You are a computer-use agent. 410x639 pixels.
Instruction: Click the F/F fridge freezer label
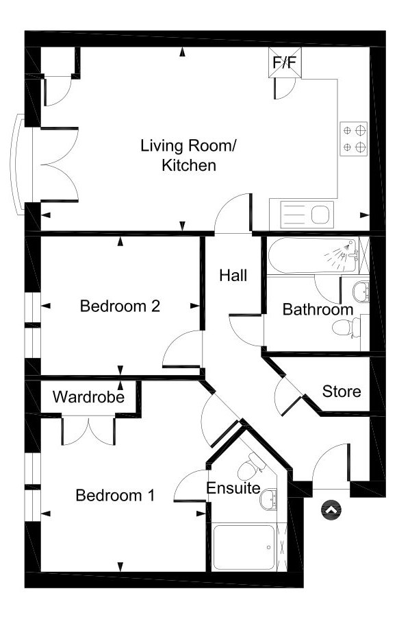tap(285, 63)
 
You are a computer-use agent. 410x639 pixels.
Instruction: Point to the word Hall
tap(233, 276)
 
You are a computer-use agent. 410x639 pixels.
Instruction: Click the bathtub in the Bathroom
tap(312, 256)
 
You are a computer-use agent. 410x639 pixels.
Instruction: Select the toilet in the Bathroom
tap(346, 327)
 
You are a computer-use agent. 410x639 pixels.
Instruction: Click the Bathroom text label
tap(318, 309)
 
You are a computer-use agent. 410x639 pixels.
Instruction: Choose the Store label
tap(342, 391)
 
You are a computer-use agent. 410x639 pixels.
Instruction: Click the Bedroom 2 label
tap(120, 306)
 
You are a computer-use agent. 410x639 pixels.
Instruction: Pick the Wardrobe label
tap(88, 397)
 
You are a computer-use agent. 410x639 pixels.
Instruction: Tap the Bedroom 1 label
tap(115, 494)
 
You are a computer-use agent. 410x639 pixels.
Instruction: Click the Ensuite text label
tap(233, 488)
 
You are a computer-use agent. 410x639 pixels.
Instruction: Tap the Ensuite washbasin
tap(270, 498)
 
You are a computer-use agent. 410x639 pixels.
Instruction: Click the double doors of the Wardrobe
tap(89, 430)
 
